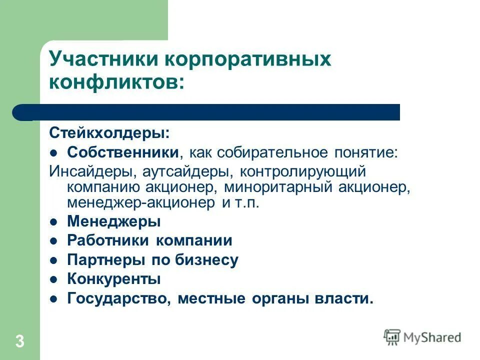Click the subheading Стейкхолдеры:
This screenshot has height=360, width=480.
coord(109,133)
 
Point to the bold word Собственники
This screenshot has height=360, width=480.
coord(123,152)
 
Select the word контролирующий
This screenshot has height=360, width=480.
coord(303,171)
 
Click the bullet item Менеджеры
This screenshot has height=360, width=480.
coord(114,221)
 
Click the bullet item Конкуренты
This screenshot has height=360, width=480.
coord(114,279)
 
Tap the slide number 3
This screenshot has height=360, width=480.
coord(19,341)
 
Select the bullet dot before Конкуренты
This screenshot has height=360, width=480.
coord(55,279)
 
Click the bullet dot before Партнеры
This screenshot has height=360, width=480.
coord(55,260)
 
